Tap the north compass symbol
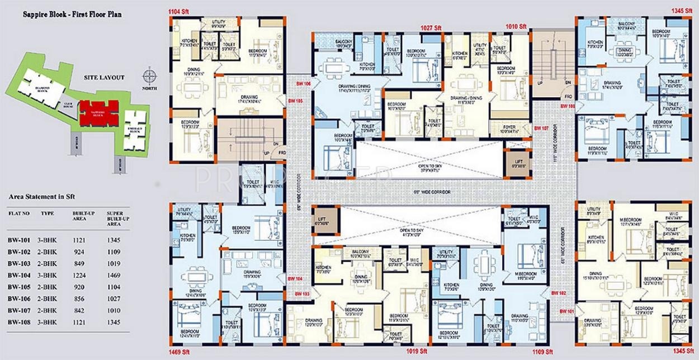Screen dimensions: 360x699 [x=149, y=75]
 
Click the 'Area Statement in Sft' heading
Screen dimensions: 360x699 [x=42, y=197]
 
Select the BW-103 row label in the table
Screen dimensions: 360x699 [x=18, y=263]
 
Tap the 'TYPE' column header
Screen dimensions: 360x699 [x=48, y=214]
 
